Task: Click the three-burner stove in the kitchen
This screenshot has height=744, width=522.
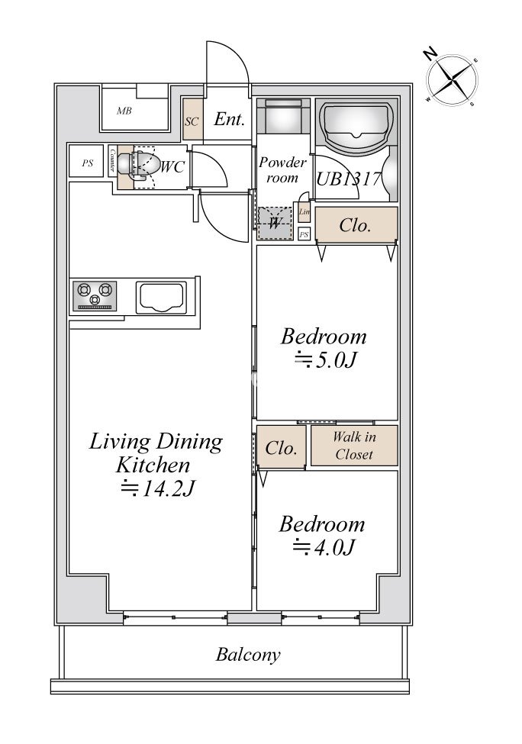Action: pos(95,296)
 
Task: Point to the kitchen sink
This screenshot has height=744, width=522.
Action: pos(161,298)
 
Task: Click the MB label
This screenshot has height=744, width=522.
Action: pos(124,111)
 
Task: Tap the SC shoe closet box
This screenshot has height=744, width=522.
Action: pos(192,119)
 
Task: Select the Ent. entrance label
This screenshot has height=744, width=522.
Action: pos(229,119)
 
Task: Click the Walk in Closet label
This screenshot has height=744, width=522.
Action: pos(354,446)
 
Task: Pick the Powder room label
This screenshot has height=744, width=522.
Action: pos(282,170)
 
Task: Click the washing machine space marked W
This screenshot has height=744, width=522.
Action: pos(275,223)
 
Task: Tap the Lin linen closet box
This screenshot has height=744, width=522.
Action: pos(304,212)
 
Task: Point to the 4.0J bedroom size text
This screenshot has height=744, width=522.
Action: pos(324,548)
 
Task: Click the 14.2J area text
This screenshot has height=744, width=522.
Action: pos(157,488)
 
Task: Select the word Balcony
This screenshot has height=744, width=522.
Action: pos(248,655)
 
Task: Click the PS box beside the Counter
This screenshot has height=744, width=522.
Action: pos(86,163)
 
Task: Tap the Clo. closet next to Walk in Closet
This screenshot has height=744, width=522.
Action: pos(282,447)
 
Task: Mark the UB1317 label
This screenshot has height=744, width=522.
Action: pos(349,179)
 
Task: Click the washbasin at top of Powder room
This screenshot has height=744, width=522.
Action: pos(283,117)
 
